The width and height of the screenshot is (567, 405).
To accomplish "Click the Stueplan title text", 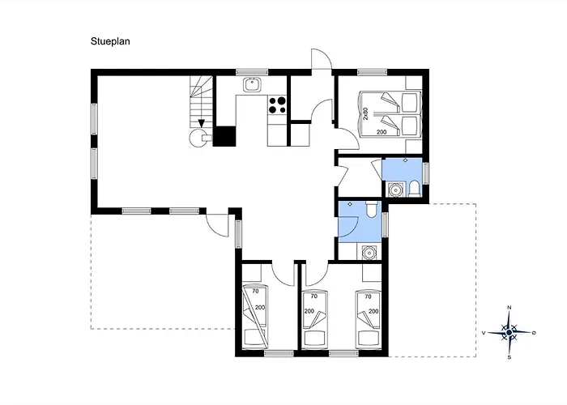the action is click(x=110, y=41).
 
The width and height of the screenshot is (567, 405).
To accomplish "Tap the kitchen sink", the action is click(x=251, y=84).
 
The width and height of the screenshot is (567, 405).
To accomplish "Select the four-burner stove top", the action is click(x=277, y=104).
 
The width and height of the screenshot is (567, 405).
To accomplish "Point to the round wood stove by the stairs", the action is click(x=199, y=138).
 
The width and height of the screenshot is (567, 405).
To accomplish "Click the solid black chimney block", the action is click(x=224, y=136).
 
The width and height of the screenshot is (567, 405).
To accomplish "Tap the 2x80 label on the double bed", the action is click(x=365, y=113).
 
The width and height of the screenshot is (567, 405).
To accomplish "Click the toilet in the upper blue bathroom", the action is click(x=414, y=189).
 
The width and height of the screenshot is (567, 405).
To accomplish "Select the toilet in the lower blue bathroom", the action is click(x=371, y=209).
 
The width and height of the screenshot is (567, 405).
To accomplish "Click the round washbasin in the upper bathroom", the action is click(x=394, y=189).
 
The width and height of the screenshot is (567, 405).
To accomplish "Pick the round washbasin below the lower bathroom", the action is click(x=369, y=252).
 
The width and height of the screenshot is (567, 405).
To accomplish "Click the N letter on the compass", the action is click(x=509, y=308).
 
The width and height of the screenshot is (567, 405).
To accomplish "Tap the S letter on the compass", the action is click(x=509, y=357).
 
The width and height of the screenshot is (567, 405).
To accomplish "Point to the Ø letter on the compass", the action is click(x=534, y=332).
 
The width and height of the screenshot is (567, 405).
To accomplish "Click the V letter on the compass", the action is click(x=484, y=333).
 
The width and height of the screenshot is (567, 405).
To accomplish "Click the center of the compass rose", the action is click(x=509, y=332).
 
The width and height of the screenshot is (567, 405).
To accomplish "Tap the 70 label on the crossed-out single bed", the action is click(x=256, y=291).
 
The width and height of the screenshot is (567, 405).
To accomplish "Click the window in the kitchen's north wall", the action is click(x=252, y=72).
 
